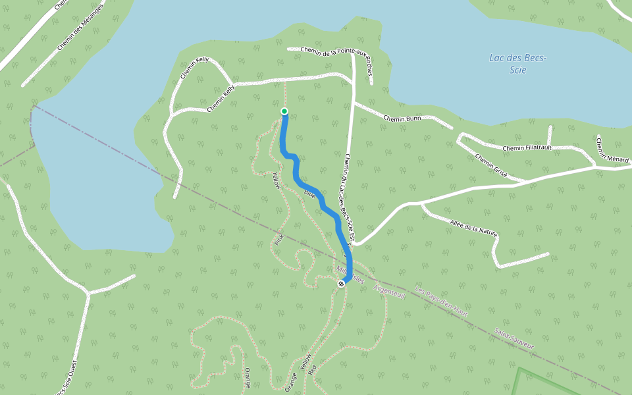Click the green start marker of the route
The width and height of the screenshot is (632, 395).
point(284,111)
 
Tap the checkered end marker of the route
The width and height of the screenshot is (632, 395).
point(341,284)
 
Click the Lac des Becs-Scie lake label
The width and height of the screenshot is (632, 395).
point(517,64)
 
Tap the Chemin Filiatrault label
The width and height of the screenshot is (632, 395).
point(527,148)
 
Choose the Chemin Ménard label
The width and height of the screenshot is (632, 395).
point(612,149)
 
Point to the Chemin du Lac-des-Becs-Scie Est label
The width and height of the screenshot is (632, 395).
point(350,197)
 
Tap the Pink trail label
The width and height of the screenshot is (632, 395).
point(278,239)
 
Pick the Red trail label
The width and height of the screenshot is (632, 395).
point(312,368)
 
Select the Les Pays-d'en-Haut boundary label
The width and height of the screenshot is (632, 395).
point(442,302)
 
